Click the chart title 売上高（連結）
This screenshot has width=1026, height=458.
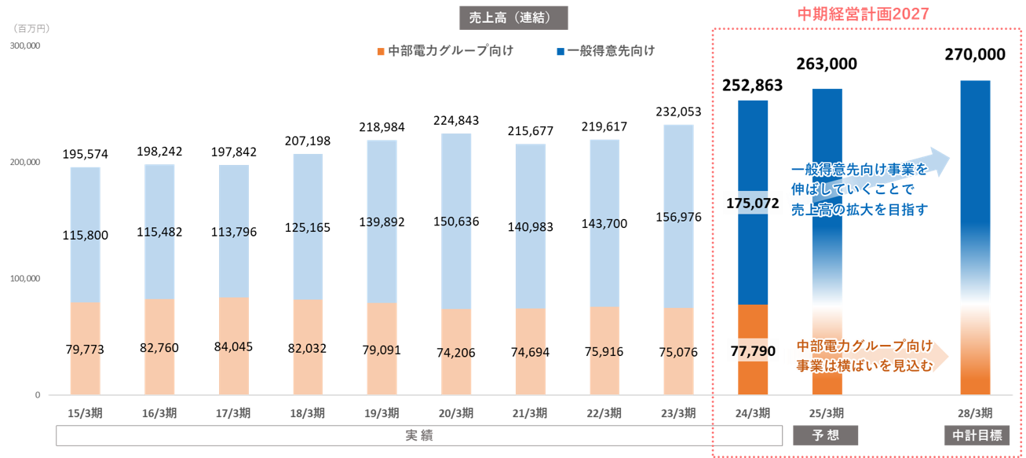pyautogui.click(x=513, y=17)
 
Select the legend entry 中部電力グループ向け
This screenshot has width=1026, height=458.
pyautogui.click(x=450, y=51)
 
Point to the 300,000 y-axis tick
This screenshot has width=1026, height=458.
pyautogui.click(x=25, y=46)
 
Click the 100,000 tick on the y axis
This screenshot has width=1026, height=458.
pyautogui.click(x=25, y=279)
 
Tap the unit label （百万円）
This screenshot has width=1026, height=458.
pyautogui.click(x=31, y=28)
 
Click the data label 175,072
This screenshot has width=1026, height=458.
pyautogui.click(x=753, y=203)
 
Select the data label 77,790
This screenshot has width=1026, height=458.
pyautogui.click(x=753, y=351)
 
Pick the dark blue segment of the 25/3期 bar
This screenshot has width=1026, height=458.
pyautogui.click(x=827, y=157)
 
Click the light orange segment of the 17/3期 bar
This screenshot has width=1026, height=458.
pyautogui.click(x=233, y=346)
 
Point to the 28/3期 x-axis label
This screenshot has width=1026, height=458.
pyautogui.click(x=975, y=413)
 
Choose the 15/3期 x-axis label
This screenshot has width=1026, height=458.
pyautogui.click(x=85, y=413)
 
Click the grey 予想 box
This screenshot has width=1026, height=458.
pyautogui.click(x=827, y=435)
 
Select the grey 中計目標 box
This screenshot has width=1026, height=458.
pyautogui.click(x=976, y=435)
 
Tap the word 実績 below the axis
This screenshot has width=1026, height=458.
pyautogui.click(x=419, y=435)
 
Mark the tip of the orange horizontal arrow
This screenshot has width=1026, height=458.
pyautogui.click(x=949, y=354)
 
